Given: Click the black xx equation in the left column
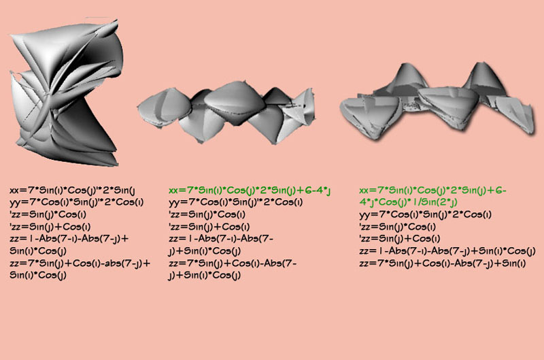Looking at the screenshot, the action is (72, 191).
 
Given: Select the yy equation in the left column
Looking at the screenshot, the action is (76, 202).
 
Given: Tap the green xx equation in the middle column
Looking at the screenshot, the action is (250, 191).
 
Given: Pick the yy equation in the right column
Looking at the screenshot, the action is (425, 214).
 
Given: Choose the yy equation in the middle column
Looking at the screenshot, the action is (235, 202).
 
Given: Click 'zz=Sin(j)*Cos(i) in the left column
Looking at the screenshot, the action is (48, 214).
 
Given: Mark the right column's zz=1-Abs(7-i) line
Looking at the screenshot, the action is (447, 250).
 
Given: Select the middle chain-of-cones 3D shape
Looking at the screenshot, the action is (226, 112).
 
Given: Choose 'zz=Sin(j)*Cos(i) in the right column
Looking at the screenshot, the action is (398, 227).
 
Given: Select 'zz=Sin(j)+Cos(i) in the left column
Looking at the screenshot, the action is (50, 227).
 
